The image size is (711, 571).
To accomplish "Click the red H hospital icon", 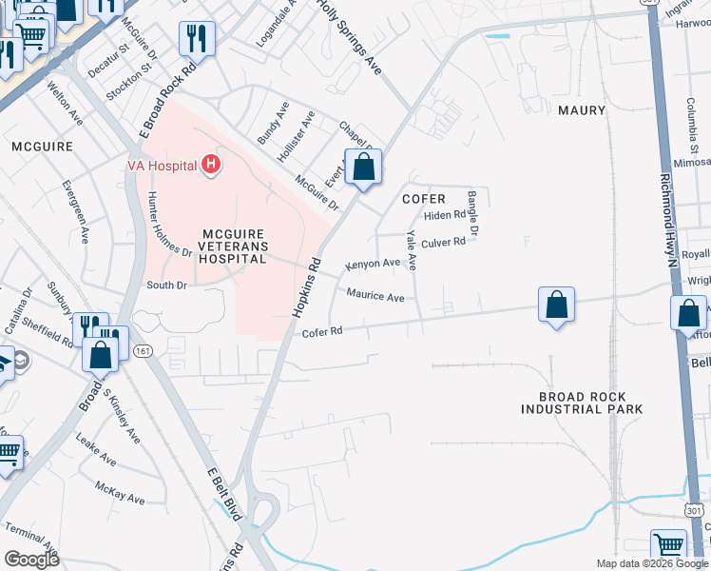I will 211,166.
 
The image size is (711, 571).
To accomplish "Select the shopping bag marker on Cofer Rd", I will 556,305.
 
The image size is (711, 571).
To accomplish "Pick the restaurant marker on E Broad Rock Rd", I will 197,39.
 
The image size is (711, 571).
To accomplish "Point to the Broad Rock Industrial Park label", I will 582,403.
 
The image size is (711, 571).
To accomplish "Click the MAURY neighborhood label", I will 582,110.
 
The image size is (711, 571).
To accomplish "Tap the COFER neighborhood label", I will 424,199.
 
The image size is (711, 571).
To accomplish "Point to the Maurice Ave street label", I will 375,296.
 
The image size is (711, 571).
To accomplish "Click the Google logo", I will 31,560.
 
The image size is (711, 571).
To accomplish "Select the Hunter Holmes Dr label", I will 169,233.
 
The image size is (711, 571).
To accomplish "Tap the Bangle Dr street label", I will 473,212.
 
